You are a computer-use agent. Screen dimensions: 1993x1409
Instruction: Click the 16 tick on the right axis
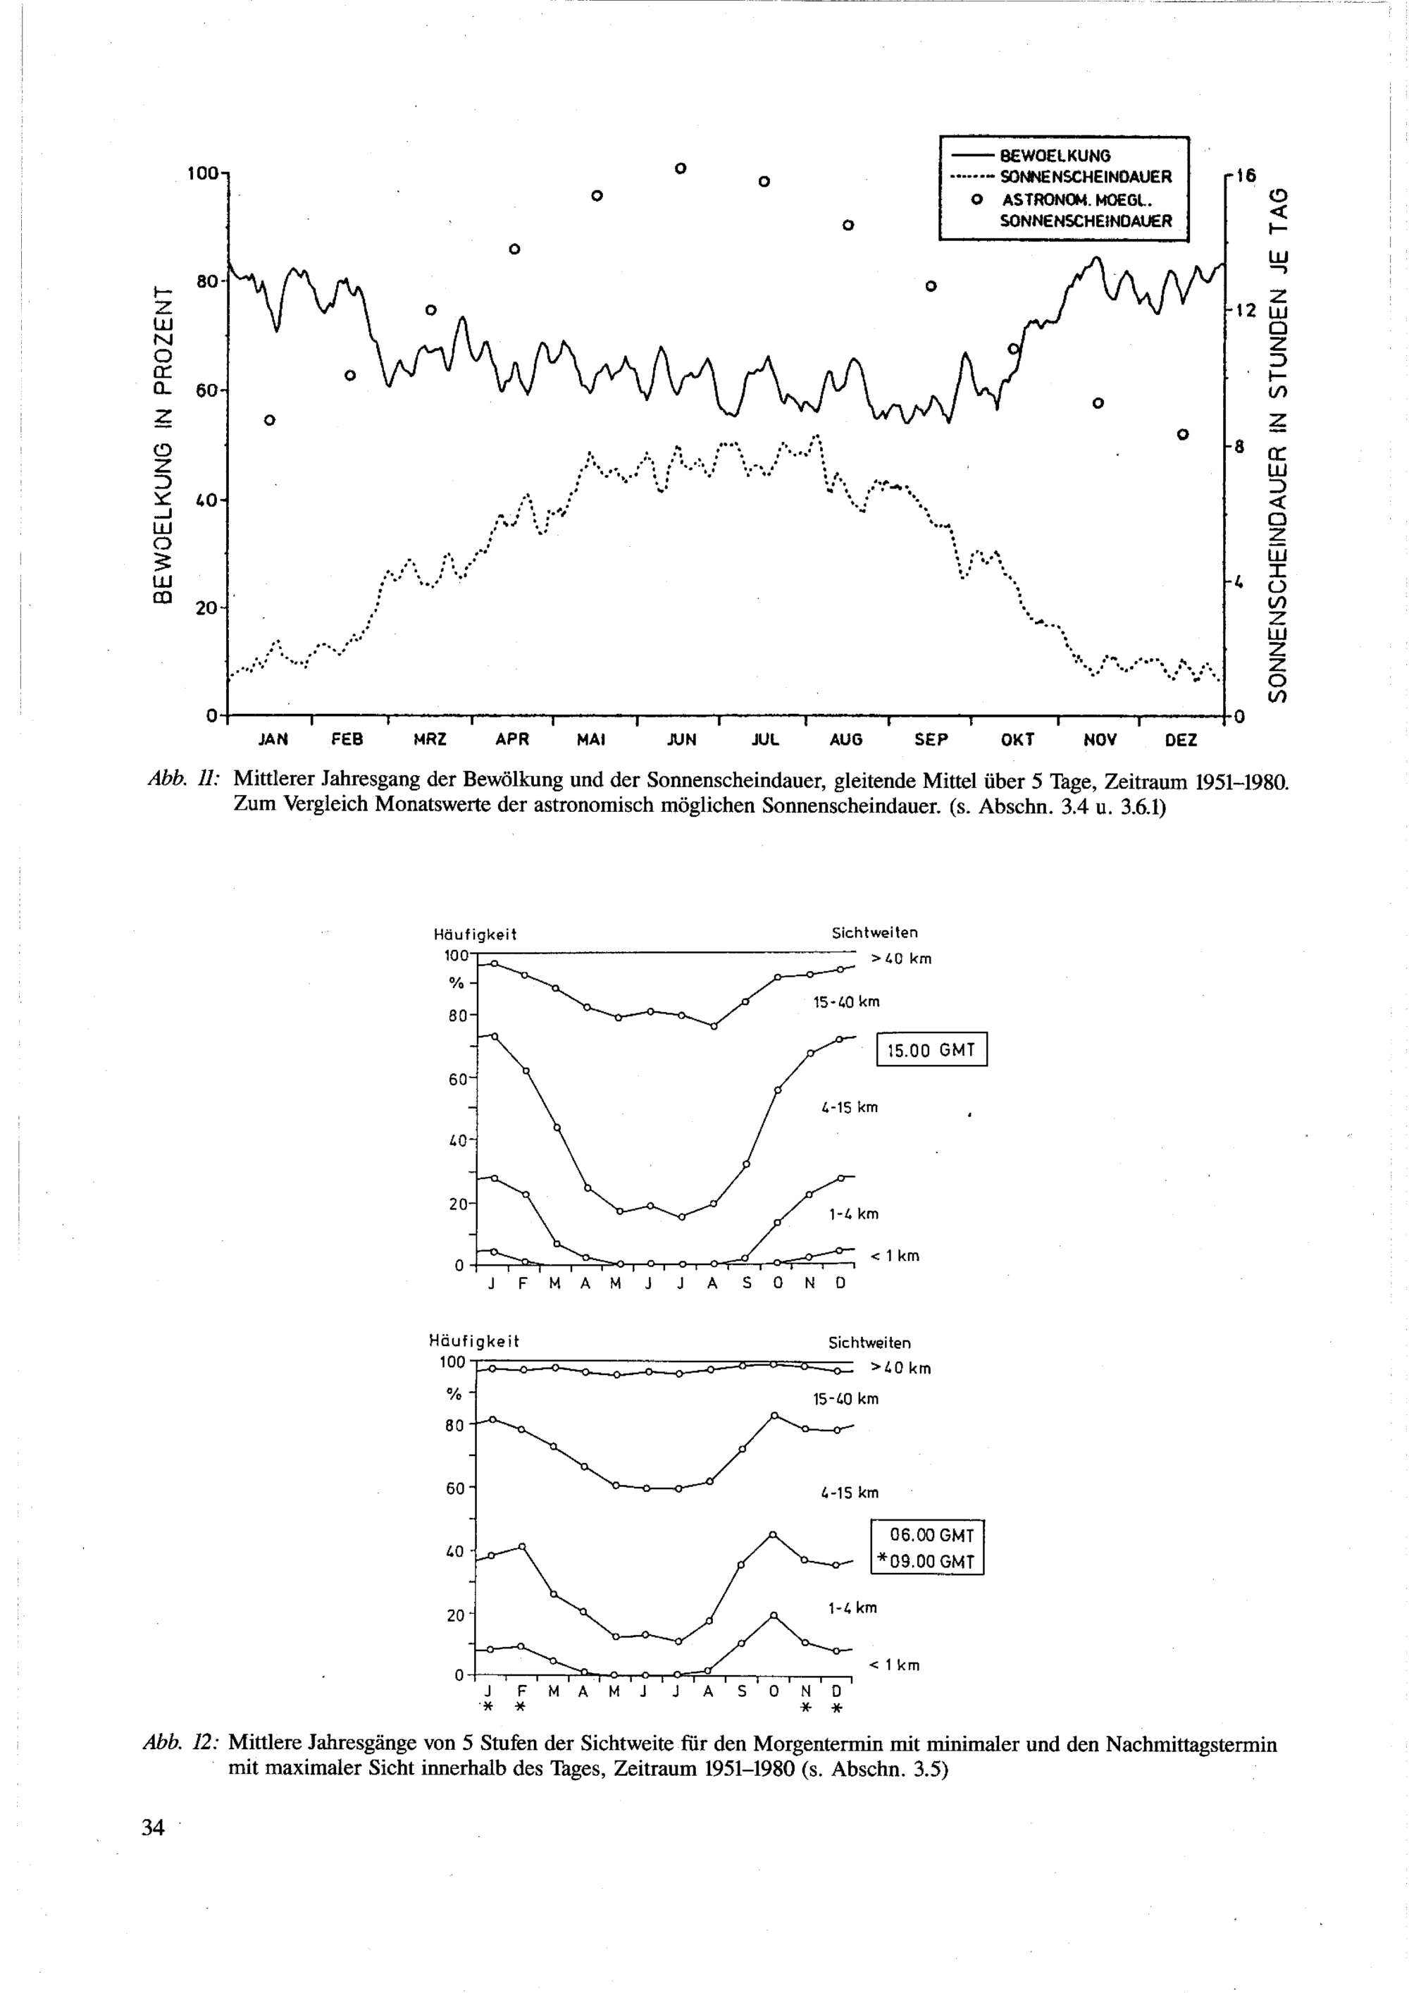pyautogui.click(x=1245, y=175)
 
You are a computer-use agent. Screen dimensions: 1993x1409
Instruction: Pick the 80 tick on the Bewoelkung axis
pyautogui.click(x=206, y=281)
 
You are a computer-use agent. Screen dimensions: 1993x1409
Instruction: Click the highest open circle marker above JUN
pyautogui.click(x=681, y=168)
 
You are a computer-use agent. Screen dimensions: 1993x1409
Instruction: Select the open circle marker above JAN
pyautogui.click(x=269, y=420)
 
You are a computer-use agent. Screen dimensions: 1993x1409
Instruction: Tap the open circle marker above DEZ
pyautogui.click(x=1181, y=434)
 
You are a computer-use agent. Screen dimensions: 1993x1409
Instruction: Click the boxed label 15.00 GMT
pyautogui.click(x=932, y=1050)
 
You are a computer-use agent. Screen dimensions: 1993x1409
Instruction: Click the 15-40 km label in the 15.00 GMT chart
pyautogui.click(x=846, y=1001)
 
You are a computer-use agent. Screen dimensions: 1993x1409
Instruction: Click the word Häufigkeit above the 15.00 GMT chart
pyautogui.click(x=475, y=935)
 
